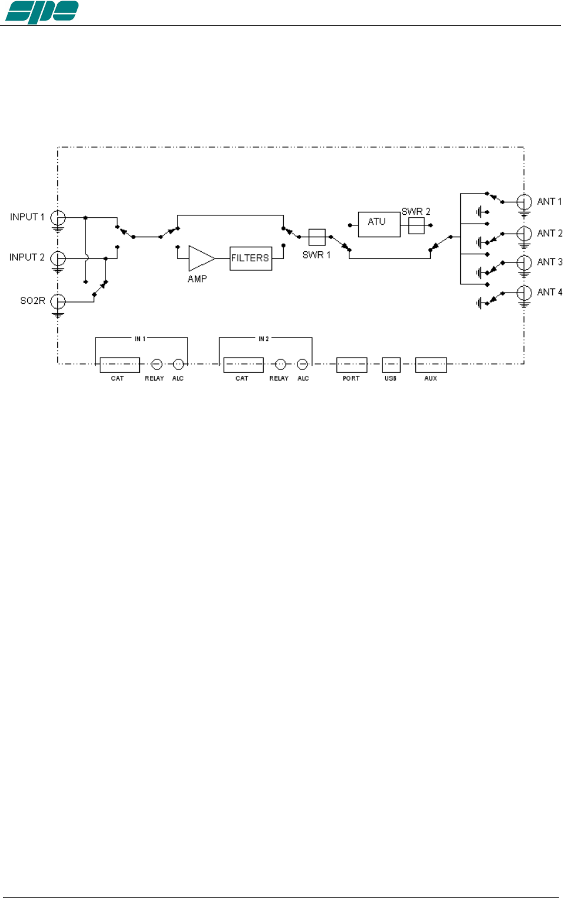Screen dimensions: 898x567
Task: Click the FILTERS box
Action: [251, 258]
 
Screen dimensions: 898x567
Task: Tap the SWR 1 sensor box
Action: [317, 237]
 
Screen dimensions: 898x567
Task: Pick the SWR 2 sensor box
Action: [416, 225]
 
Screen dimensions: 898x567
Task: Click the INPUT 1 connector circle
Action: [58, 218]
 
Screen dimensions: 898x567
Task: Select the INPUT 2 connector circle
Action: [58, 258]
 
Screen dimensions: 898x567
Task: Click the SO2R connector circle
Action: [58, 301]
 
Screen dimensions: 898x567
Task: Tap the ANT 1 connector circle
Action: [524, 202]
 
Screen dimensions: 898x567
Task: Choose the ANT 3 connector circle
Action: [524, 262]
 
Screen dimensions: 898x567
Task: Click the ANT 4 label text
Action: [549, 292]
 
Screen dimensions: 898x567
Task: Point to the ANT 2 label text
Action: [549, 233]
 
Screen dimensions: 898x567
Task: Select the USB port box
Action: [391, 365]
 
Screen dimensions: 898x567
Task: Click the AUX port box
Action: [431, 365]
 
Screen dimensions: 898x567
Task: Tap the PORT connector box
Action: [352, 365]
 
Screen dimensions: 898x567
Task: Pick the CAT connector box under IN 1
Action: [119, 365]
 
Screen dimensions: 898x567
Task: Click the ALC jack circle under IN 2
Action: [302, 364]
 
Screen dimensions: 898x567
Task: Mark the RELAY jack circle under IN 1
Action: [157, 364]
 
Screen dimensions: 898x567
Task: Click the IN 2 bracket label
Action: [263, 339]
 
